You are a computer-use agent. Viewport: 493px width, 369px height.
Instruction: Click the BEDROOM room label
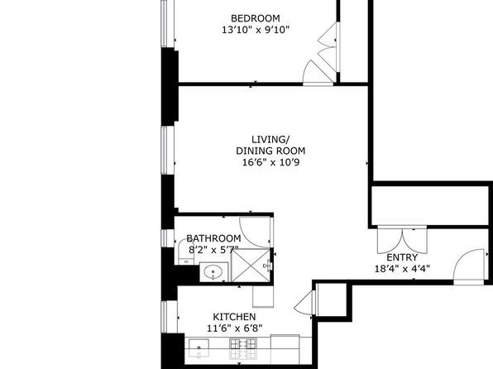pyautogui.click(x=256, y=18)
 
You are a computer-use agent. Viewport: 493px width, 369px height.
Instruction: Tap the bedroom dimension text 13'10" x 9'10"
pyautogui.click(x=256, y=31)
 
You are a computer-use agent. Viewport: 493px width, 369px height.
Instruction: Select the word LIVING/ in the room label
pyautogui.click(x=270, y=139)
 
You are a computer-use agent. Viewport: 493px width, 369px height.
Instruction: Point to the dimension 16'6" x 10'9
pyautogui.click(x=270, y=163)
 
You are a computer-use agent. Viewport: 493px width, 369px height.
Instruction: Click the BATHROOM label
pyautogui.click(x=213, y=238)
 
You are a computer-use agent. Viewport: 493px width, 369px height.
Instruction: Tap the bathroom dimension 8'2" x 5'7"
pyautogui.click(x=213, y=250)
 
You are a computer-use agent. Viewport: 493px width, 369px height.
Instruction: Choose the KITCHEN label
pyautogui.click(x=234, y=317)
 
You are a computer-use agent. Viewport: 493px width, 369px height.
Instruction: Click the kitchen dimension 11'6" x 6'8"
pyautogui.click(x=234, y=328)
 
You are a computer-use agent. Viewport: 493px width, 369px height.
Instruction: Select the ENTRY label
pyautogui.click(x=402, y=257)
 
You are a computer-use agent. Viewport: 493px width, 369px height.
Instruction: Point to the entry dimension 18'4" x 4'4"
pyautogui.click(x=402, y=269)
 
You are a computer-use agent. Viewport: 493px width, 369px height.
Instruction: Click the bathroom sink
pyautogui.click(x=213, y=271)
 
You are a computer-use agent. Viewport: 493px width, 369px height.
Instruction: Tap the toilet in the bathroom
pyautogui.click(x=185, y=252)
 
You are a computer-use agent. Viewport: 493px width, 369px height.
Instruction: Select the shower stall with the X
pyautogui.click(x=251, y=266)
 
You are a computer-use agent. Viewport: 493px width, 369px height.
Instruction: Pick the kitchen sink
pyautogui.click(x=199, y=348)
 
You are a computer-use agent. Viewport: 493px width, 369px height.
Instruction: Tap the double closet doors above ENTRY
pyautogui.click(x=402, y=240)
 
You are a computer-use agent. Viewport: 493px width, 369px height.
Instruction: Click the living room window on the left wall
pyautogui.click(x=168, y=151)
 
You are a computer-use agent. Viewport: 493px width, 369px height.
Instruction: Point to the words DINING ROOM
pyautogui.click(x=270, y=151)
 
